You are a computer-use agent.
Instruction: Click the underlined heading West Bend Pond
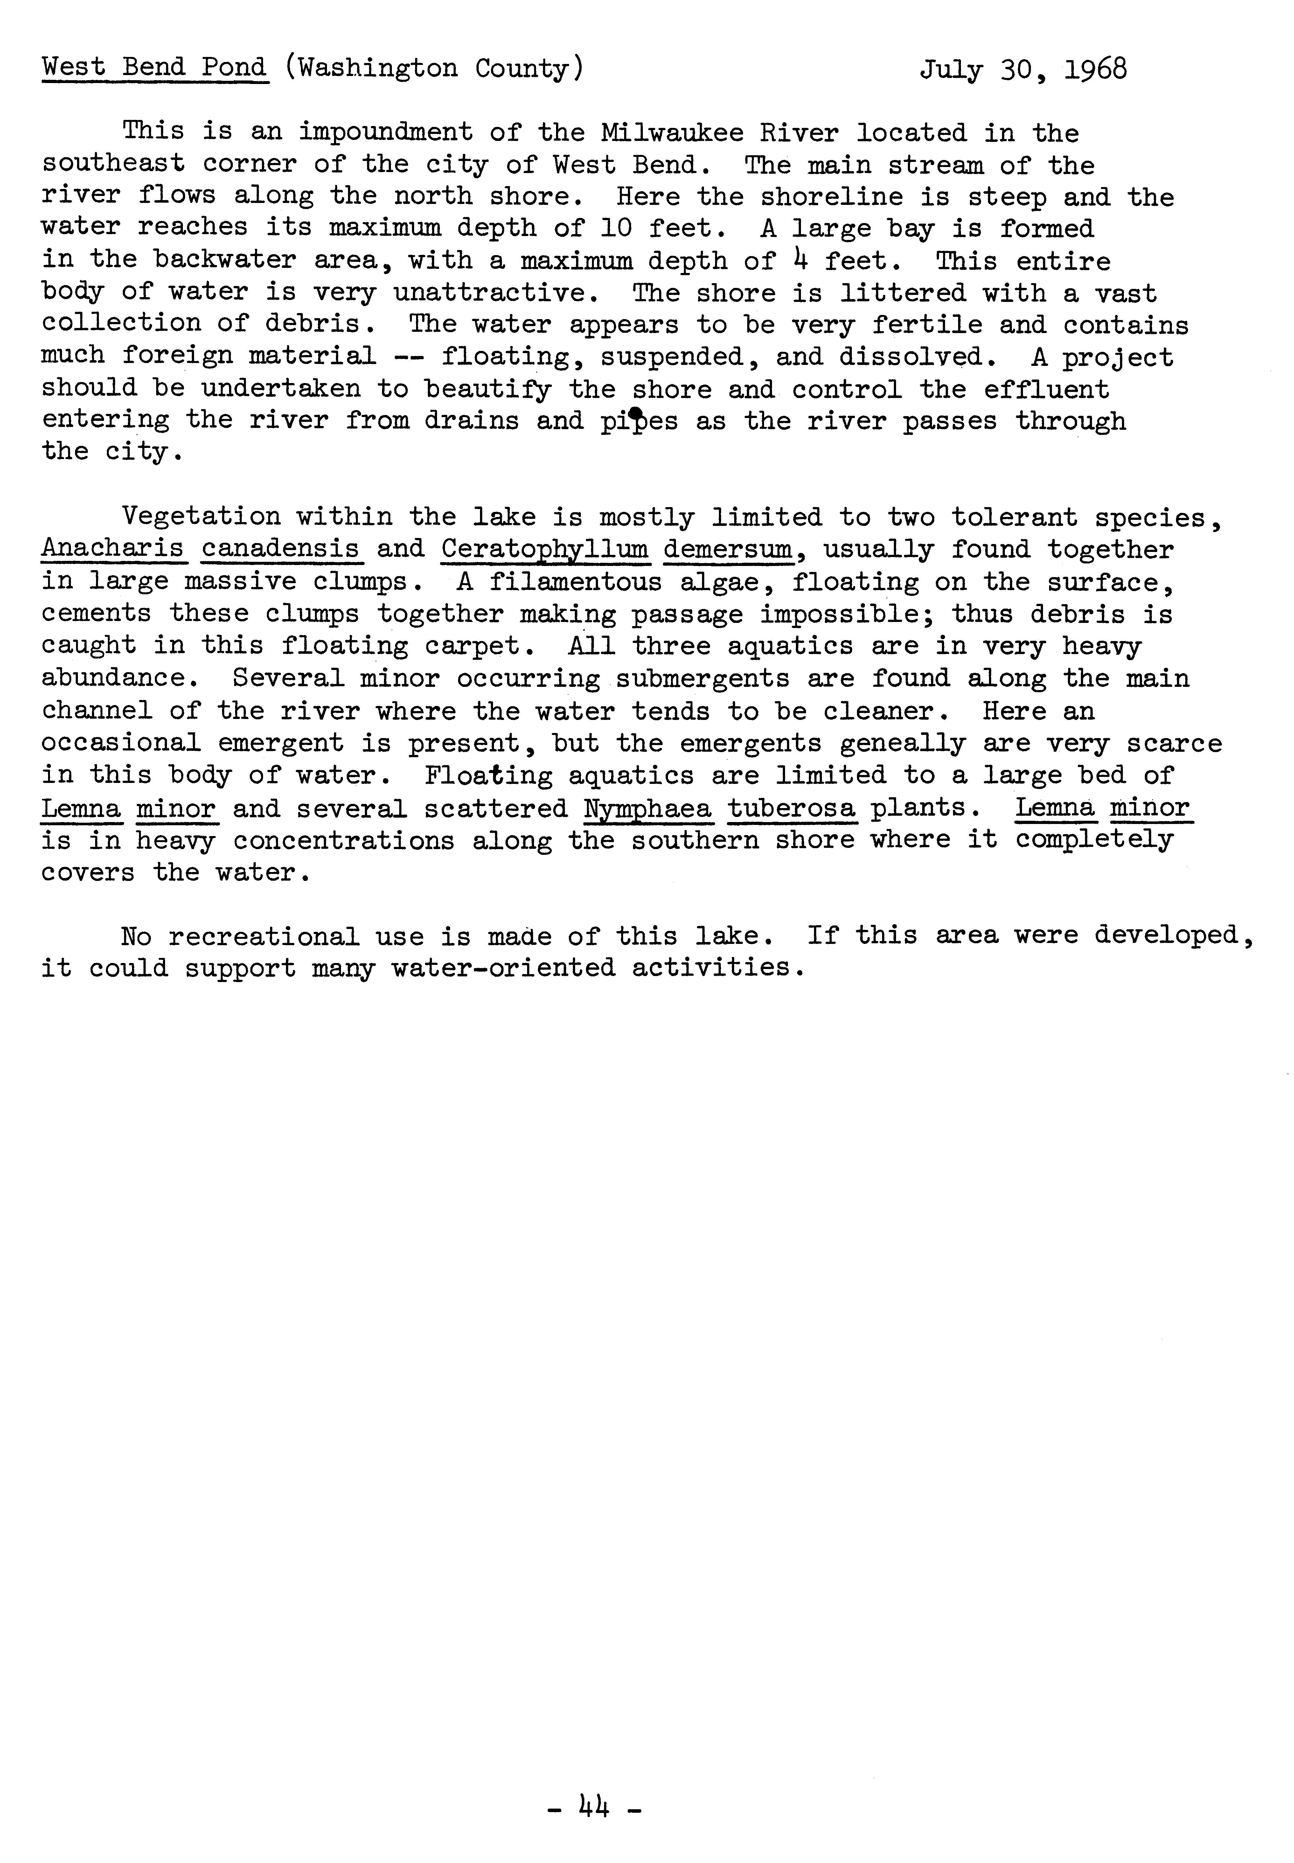[154, 68]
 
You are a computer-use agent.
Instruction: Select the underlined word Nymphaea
[647, 808]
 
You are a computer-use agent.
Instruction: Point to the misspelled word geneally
[903, 743]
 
